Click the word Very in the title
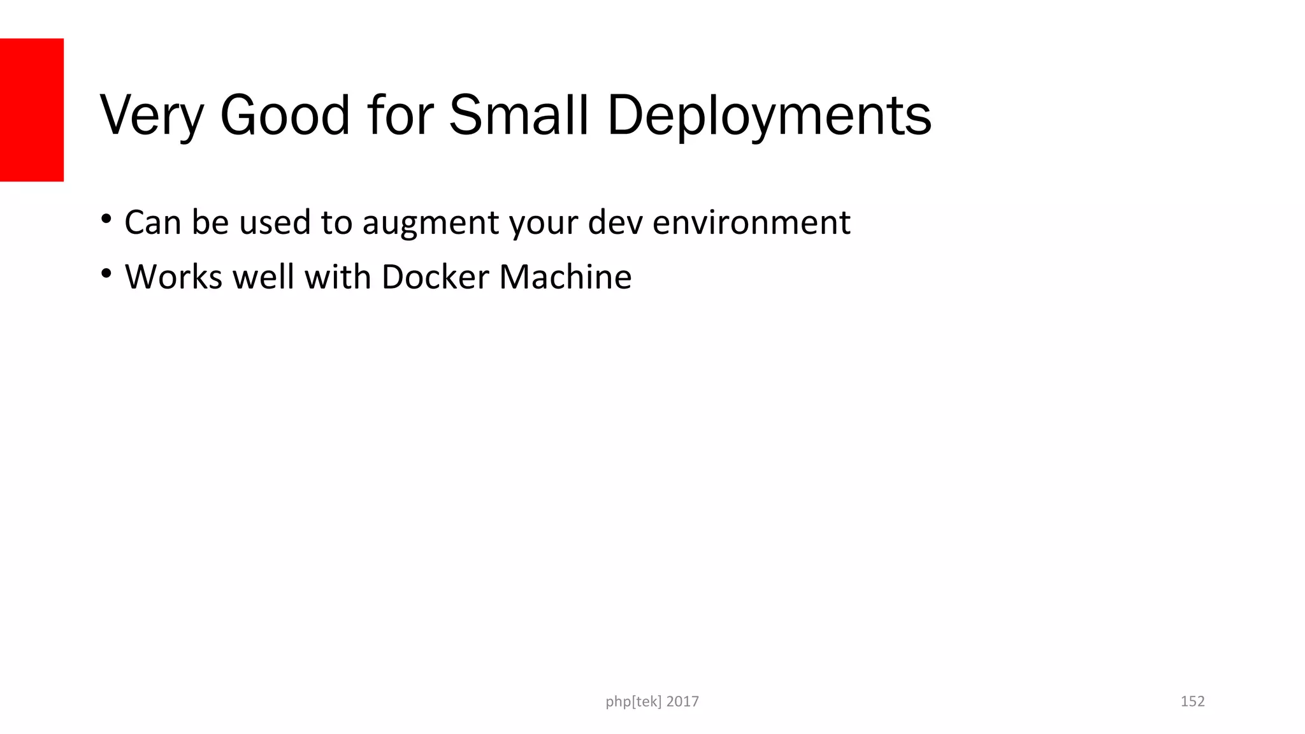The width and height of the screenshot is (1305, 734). pyautogui.click(x=152, y=115)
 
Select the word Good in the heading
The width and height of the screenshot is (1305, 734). pyautogui.click(x=285, y=115)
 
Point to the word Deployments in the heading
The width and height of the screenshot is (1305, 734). pyautogui.click(x=769, y=117)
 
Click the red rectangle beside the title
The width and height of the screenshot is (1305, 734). pyautogui.click(x=32, y=110)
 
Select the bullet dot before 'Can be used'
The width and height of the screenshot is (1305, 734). pyautogui.click(x=106, y=220)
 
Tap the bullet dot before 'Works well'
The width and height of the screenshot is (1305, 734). pyautogui.click(x=106, y=275)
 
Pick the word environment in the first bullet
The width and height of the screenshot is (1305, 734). pyautogui.click(x=751, y=222)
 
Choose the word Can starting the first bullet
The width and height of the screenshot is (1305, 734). pyautogui.click(x=153, y=222)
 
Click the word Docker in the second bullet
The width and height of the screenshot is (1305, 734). pyautogui.click(x=435, y=277)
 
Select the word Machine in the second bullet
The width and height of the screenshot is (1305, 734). pyautogui.click(x=565, y=277)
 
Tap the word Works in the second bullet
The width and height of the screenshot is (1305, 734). pyautogui.click(x=173, y=277)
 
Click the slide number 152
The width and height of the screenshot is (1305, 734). pyautogui.click(x=1192, y=702)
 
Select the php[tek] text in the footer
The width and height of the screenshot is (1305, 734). pyautogui.click(x=633, y=702)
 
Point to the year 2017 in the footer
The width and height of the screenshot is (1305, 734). pyautogui.click(x=682, y=702)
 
